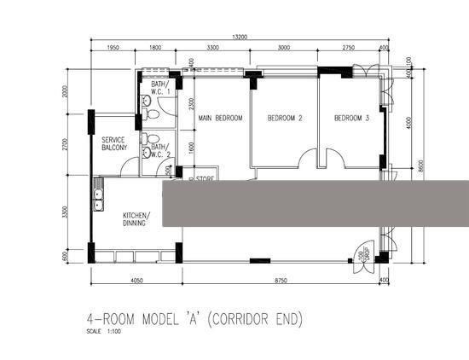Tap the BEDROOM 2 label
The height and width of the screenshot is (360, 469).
coord(285,118)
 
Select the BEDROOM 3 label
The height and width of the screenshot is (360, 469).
coord(351,118)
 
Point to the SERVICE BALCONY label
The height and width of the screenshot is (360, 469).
coord(114,143)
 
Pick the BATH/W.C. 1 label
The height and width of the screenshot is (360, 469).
coord(162,87)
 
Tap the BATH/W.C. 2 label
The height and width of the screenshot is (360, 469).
coord(161,150)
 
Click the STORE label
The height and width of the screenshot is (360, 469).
coord(204,179)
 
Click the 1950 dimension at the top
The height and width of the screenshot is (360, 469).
coord(113,49)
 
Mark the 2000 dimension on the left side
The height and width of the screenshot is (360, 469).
coord(63,92)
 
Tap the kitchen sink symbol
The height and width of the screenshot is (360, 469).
coord(99,200)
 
